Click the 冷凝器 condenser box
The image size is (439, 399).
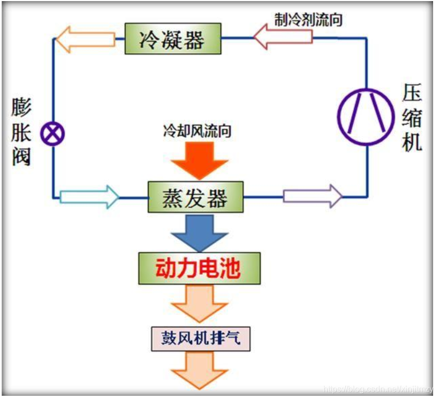172,39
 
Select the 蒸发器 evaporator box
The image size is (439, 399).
195,198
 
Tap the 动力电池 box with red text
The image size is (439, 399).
199,268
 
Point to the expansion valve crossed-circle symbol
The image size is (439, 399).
54,133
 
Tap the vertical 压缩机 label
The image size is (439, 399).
412,119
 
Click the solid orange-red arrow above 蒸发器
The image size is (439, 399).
199,159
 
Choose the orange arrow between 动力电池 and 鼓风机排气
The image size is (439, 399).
199,303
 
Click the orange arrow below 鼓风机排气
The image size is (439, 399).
199,372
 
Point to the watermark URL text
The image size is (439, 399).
375,387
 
